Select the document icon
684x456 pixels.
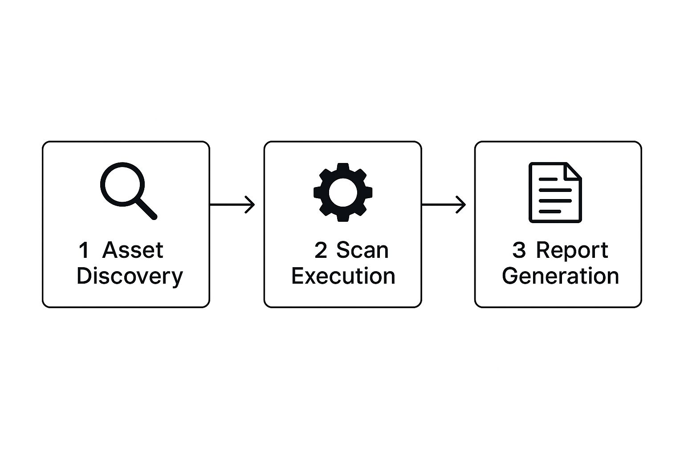coord(555,192)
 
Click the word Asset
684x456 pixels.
coord(133,250)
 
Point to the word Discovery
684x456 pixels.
coord(130,276)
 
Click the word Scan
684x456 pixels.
coord(362,250)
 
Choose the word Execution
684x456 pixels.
coord(343,276)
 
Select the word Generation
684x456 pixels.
coord(560,276)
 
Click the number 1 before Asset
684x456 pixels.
coord(84,250)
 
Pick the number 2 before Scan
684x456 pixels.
coord(321,250)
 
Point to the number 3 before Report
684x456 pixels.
coord(519,250)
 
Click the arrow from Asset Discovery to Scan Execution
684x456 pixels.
coord(232,204)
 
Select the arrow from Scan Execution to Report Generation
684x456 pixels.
coord(444,204)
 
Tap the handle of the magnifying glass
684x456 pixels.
coord(146,208)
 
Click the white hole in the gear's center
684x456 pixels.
coord(343,192)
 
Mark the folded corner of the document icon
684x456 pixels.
coord(573,171)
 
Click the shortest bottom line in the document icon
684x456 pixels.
coord(550,212)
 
